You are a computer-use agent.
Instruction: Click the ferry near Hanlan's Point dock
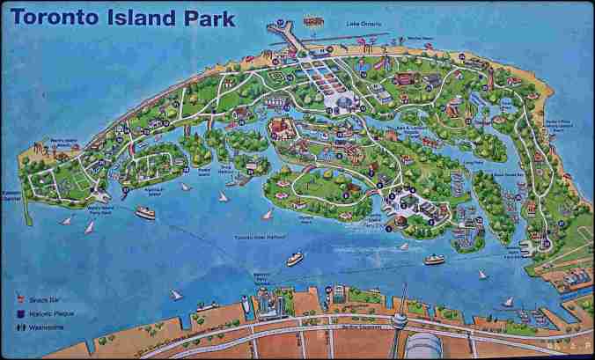[x=145, y=212]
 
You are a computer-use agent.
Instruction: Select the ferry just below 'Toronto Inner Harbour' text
[x=294, y=259]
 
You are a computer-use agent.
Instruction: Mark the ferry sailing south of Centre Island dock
[x=434, y=259]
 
